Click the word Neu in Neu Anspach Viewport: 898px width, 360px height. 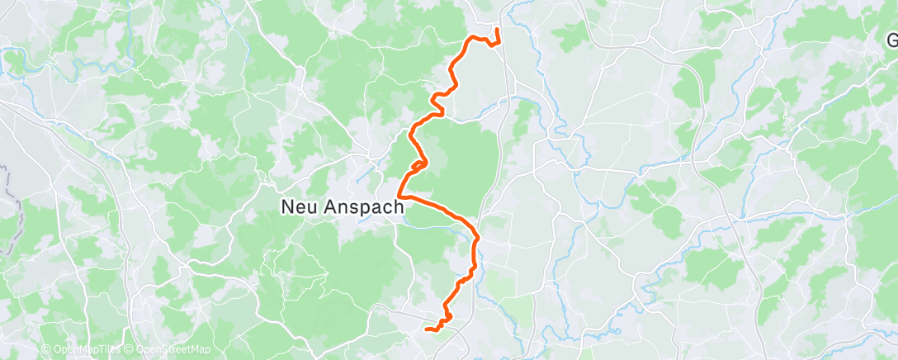300,208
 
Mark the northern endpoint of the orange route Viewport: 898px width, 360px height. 497,31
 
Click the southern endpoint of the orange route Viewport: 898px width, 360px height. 427,329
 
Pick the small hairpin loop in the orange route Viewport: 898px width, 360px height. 418,164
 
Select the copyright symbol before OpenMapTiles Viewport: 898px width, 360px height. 46,349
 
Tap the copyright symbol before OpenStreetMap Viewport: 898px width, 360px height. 129,349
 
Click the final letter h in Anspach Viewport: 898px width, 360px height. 399,208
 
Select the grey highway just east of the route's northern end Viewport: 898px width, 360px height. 508,50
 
